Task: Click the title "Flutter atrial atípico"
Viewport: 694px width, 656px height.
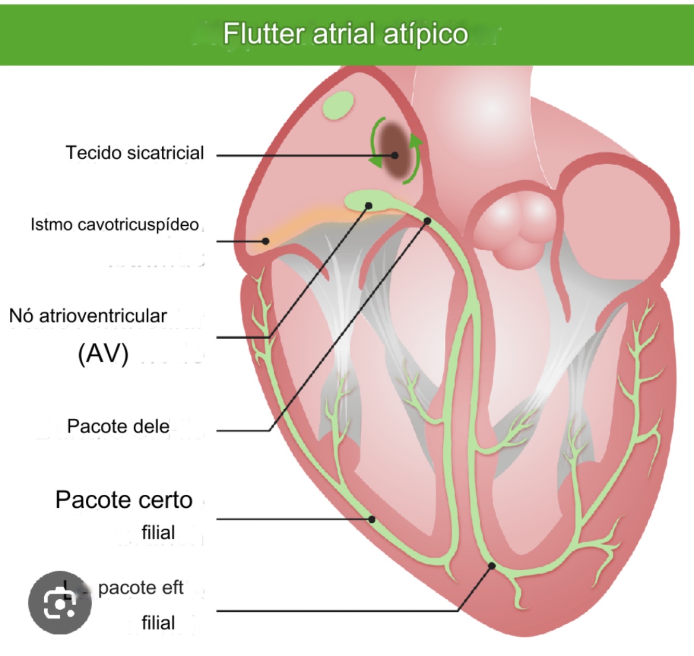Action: point(345,34)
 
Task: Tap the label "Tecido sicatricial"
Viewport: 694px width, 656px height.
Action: point(135,153)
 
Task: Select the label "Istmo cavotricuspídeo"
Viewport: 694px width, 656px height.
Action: point(114,225)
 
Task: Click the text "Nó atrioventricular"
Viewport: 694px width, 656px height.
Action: point(88,316)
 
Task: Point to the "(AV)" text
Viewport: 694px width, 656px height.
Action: point(103,354)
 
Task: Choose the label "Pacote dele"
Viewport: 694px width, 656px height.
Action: point(118,427)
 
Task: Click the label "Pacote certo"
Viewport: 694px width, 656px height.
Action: point(124,500)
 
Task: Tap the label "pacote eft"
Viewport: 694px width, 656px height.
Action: point(140,588)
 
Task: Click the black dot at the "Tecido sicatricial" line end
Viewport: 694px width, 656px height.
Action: point(395,155)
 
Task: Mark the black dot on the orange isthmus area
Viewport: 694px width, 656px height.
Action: point(265,241)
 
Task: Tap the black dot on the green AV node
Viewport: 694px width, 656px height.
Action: point(368,206)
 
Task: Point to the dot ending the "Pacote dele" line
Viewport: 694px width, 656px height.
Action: point(428,221)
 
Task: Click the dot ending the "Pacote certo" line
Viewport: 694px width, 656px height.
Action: point(372,519)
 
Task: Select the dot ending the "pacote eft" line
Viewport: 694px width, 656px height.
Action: point(491,565)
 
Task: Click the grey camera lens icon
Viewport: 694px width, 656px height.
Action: point(60,603)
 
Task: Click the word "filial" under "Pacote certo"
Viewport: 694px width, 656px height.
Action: point(158,533)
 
